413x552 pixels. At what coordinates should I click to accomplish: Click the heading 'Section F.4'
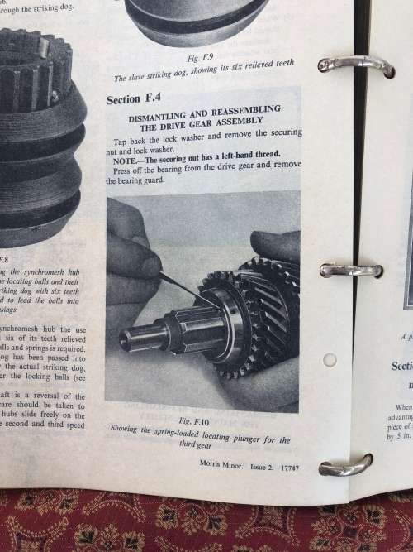tap(135, 99)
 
